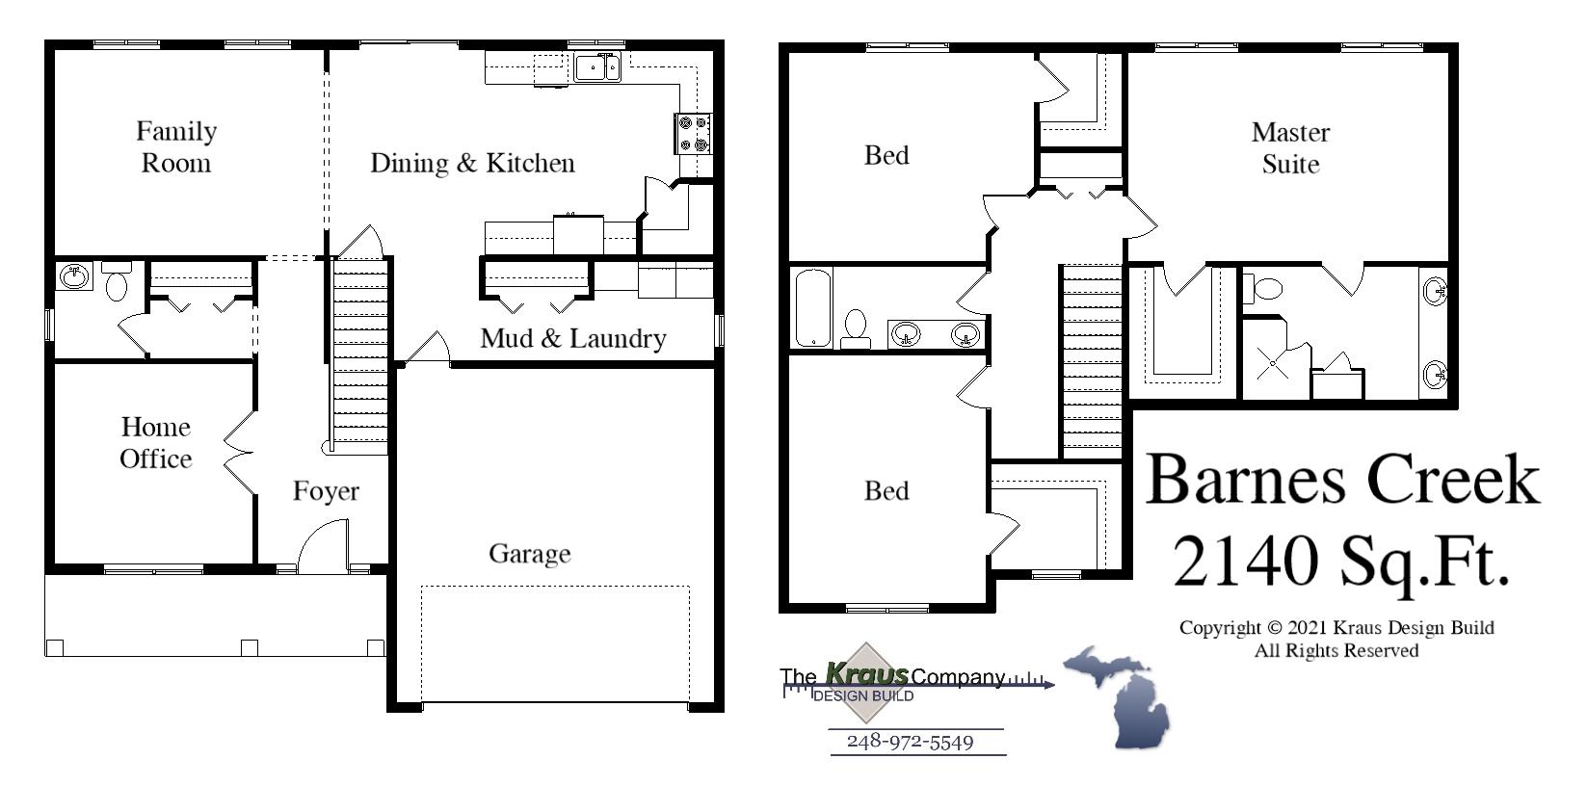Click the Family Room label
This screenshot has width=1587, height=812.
(x=176, y=146)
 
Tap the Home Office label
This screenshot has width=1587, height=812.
(x=155, y=442)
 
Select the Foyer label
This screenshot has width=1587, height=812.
(x=326, y=491)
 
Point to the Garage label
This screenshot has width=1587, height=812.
(x=529, y=554)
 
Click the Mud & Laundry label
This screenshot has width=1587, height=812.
(x=573, y=338)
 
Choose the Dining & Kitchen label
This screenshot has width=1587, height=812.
(x=472, y=163)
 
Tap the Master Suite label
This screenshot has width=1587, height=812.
(x=1290, y=147)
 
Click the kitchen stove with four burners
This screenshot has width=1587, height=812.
(x=693, y=133)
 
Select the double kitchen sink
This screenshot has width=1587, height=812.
(x=598, y=67)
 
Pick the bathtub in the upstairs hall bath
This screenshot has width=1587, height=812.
(x=812, y=307)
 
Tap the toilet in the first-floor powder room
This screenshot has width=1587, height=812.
(x=117, y=283)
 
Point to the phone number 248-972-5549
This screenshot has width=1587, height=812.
(x=910, y=742)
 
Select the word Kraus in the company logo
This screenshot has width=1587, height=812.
(x=866, y=674)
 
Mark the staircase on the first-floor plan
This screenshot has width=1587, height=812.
(x=360, y=356)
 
